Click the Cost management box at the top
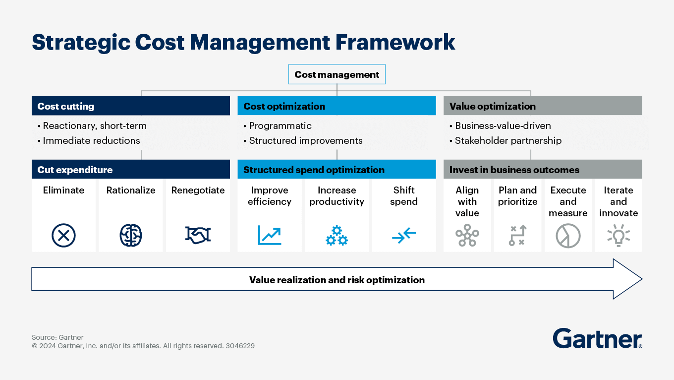[337, 75]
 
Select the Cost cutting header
[131, 106]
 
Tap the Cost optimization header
[337, 106]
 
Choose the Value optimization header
[543, 106]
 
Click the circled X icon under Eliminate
[63, 235]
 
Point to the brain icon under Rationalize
[131, 235]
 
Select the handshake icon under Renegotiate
[198, 235]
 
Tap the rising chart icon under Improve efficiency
[270, 235]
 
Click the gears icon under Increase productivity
[337, 236]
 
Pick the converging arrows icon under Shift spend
[404, 236]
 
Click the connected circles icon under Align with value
[467, 236]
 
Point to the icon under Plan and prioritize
[517, 236]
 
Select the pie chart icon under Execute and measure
[568, 236]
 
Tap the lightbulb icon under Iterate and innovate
[618, 236]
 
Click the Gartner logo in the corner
[597, 339]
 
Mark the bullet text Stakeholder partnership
[508, 141]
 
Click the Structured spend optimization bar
[337, 170]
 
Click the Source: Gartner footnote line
[57, 337]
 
